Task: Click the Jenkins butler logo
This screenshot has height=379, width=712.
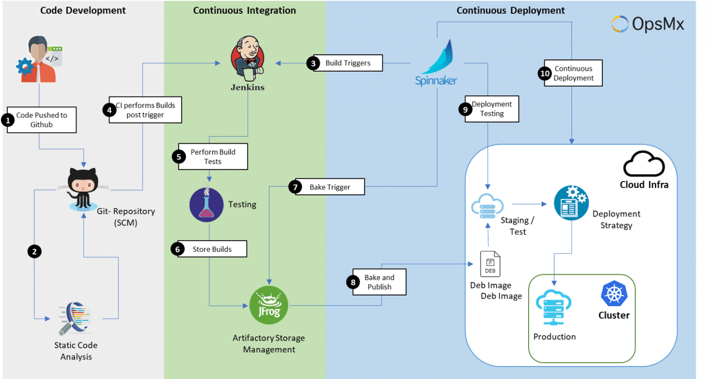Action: [247, 59]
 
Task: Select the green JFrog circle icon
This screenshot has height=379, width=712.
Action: [269, 305]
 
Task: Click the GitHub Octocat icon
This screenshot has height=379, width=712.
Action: [83, 189]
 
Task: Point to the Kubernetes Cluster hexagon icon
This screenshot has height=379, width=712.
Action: [614, 293]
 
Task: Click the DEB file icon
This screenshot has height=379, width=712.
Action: [490, 264]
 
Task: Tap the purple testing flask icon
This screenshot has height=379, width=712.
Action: [206, 204]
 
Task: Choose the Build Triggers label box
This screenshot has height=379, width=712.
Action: [348, 63]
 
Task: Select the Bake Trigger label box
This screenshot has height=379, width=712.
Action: [330, 187]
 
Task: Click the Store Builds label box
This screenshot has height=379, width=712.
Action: [212, 249]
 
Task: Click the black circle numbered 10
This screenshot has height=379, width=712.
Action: [545, 73]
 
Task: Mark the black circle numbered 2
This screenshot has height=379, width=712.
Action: [34, 251]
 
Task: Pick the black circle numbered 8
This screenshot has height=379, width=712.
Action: [353, 282]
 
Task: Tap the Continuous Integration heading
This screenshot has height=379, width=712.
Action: [244, 11]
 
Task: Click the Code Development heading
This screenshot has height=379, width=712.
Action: [83, 11]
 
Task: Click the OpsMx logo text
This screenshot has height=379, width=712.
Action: [658, 24]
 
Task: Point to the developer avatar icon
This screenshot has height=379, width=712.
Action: [39, 59]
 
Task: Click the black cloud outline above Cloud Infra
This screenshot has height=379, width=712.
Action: [644, 164]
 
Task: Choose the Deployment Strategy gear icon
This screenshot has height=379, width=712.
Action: [571, 203]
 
